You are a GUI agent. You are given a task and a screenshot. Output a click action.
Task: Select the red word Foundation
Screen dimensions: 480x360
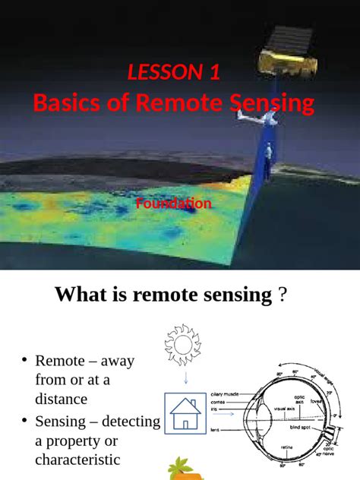(173, 204)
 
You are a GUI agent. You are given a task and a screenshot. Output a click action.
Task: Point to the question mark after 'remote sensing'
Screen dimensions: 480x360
(283, 295)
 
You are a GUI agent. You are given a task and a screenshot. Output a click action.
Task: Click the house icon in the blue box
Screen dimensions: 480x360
(185, 415)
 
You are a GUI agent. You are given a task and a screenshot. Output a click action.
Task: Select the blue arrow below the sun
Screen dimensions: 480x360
(183, 378)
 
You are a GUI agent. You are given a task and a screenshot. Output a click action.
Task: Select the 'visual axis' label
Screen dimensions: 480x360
(286, 409)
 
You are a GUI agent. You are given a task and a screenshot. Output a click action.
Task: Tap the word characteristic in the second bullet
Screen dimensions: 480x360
(77, 459)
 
